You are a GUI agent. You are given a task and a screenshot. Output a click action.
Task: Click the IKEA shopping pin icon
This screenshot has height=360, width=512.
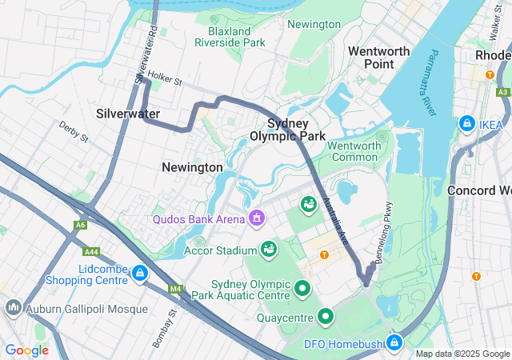pyautogui.click(x=466, y=124)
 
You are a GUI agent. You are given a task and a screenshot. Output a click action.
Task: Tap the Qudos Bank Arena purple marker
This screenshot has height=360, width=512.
pyautogui.click(x=257, y=217)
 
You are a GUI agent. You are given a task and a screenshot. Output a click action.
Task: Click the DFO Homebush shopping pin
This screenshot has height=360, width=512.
pyautogui.click(x=394, y=342)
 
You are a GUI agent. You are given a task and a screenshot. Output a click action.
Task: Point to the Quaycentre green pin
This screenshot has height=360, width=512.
pyautogui.click(x=326, y=317)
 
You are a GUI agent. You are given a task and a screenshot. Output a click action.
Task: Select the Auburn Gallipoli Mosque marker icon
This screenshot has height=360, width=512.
pyautogui.click(x=14, y=307)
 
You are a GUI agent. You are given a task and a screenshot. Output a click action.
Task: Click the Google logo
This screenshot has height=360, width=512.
pyautogui.click(x=26, y=350)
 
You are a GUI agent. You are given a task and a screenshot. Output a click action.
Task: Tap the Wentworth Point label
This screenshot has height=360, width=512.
pyautogui.click(x=379, y=58)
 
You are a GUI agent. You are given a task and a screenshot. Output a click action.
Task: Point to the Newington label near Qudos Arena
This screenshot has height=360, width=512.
pyautogui.click(x=192, y=167)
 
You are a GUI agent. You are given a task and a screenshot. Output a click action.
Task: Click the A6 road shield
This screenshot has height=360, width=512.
pyautogui.click(x=80, y=225)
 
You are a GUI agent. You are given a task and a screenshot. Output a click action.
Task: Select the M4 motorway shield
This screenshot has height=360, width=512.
pyautogui.click(x=174, y=288)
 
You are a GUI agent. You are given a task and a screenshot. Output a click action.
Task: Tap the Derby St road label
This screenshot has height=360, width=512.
pyautogui.click(x=73, y=131)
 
